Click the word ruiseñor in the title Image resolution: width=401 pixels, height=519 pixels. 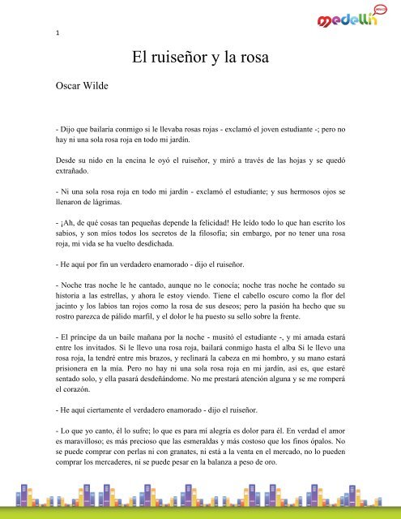point(188,58)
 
